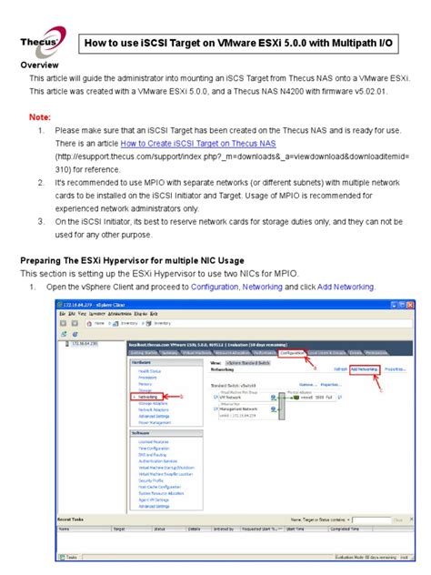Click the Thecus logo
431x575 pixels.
point(41,43)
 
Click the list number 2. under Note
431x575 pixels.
point(42,183)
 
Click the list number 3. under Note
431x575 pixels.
point(42,222)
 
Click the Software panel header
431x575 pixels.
point(145,433)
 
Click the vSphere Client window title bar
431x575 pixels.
point(227,302)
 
